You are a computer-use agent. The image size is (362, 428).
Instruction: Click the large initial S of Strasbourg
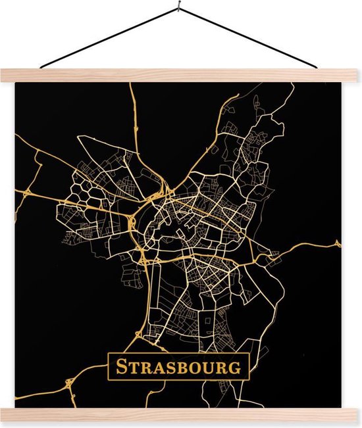(x=121, y=367)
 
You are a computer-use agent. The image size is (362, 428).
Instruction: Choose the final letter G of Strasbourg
(x=235, y=368)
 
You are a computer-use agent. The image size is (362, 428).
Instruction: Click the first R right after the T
(x=147, y=368)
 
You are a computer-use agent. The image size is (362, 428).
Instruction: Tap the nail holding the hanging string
(x=180, y=9)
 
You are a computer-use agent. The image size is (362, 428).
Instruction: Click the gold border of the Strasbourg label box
(x=108, y=368)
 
